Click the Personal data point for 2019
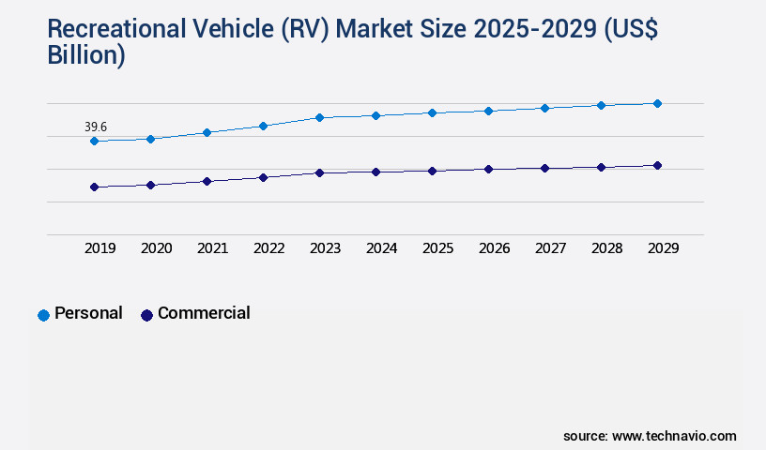(94, 141)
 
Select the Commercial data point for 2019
(94, 187)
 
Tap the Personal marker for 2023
(319, 117)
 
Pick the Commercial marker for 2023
(319, 172)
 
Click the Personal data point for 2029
(657, 103)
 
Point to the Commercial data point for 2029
(657, 165)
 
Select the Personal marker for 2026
(488, 111)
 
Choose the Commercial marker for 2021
(207, 181)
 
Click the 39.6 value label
(95, 127)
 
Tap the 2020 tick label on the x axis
(156, 248)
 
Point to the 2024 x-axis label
(381, 248)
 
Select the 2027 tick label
(550, 248)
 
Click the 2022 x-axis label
(268, 248)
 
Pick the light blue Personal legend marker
(43, 315)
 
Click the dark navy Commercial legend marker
(146, 315)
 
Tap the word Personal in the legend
(88, 313)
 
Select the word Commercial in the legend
(204, 313)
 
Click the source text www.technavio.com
(674, 436)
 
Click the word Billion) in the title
(86, 55)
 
